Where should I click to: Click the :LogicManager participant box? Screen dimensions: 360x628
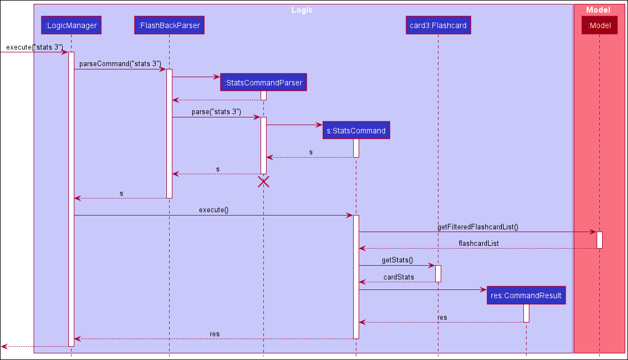click(71, 25)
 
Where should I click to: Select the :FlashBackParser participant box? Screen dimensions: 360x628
click(169, 25)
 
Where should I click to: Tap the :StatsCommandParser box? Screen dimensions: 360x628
click(263, 83)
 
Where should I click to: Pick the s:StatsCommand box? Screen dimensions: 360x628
click(356, 131)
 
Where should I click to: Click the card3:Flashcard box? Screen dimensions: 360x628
click(438, 25)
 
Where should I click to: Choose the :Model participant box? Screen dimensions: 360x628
click(599, 25)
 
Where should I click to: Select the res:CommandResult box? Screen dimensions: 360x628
click(526, 295)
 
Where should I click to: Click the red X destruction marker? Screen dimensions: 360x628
click(263, 182)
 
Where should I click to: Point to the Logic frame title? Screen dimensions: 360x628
click(302, 10)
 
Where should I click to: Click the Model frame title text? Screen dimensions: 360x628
click(598, 10)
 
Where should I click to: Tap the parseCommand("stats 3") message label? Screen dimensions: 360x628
click(120, 64)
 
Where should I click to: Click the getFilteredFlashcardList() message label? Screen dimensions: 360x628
click(478, 227)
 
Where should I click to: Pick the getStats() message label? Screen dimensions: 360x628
click(397, 260)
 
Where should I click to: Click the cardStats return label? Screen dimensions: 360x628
click(398, 277)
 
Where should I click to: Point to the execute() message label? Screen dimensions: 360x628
click(213, 210)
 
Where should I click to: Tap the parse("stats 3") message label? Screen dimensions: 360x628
click(216, 112)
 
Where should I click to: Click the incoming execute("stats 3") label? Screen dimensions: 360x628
click(34, 47)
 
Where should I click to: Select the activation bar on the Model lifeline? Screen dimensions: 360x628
click(599, 240)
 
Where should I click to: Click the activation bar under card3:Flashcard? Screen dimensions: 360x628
click(438, 273)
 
